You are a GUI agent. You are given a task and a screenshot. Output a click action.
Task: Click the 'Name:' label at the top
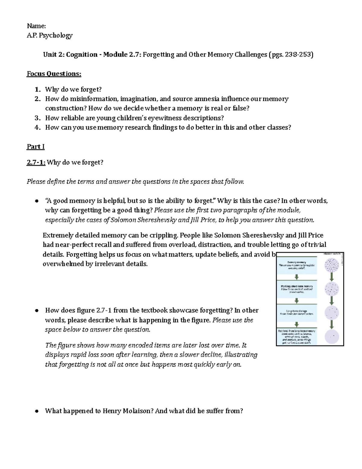coord(36,26)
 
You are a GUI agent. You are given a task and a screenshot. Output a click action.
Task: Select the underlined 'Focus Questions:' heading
coord(54,74)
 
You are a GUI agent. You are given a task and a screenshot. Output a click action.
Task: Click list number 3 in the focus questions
coord(37,118)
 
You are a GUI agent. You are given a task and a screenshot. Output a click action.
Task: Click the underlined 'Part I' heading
coord(36,147)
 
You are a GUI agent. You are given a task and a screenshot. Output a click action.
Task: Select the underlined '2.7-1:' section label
coord(36,162)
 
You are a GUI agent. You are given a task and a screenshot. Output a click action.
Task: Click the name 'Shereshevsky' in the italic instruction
coord(157,220)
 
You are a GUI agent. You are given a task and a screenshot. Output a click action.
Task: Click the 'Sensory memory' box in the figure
coord(297,265)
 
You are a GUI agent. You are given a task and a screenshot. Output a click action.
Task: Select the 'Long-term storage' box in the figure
coord(297,312)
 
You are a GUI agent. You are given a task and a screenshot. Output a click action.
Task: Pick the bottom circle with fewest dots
coord(332,336)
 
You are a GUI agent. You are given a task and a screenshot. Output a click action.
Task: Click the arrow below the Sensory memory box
coord(297,277)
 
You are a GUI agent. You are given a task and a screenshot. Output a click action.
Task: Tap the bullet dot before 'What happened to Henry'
coord(37,411)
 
